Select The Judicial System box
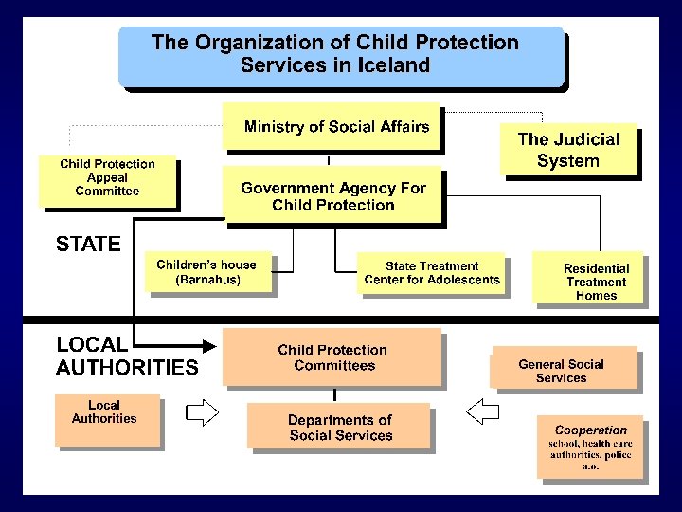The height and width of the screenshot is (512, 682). (x=568, y=151)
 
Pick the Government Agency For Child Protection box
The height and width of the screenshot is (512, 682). (x=332, y=195)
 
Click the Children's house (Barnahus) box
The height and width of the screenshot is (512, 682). (x=206, y=272)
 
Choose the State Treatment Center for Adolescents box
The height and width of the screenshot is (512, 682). (x=431, y=273)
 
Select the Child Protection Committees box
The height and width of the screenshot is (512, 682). (x=332, y=357)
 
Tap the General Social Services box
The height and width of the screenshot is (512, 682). (x=563, y=370)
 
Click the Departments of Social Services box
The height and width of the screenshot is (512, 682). (x=339, y=427)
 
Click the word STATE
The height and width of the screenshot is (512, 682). (x=88, y=245)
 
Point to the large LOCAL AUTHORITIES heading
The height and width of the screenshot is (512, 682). (x=126, y=357)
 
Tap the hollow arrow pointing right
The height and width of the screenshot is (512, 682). (x=202, y=411)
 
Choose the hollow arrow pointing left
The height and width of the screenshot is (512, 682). (x=483, y=411)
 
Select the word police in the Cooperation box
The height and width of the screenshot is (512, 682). (x=617, y=456)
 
